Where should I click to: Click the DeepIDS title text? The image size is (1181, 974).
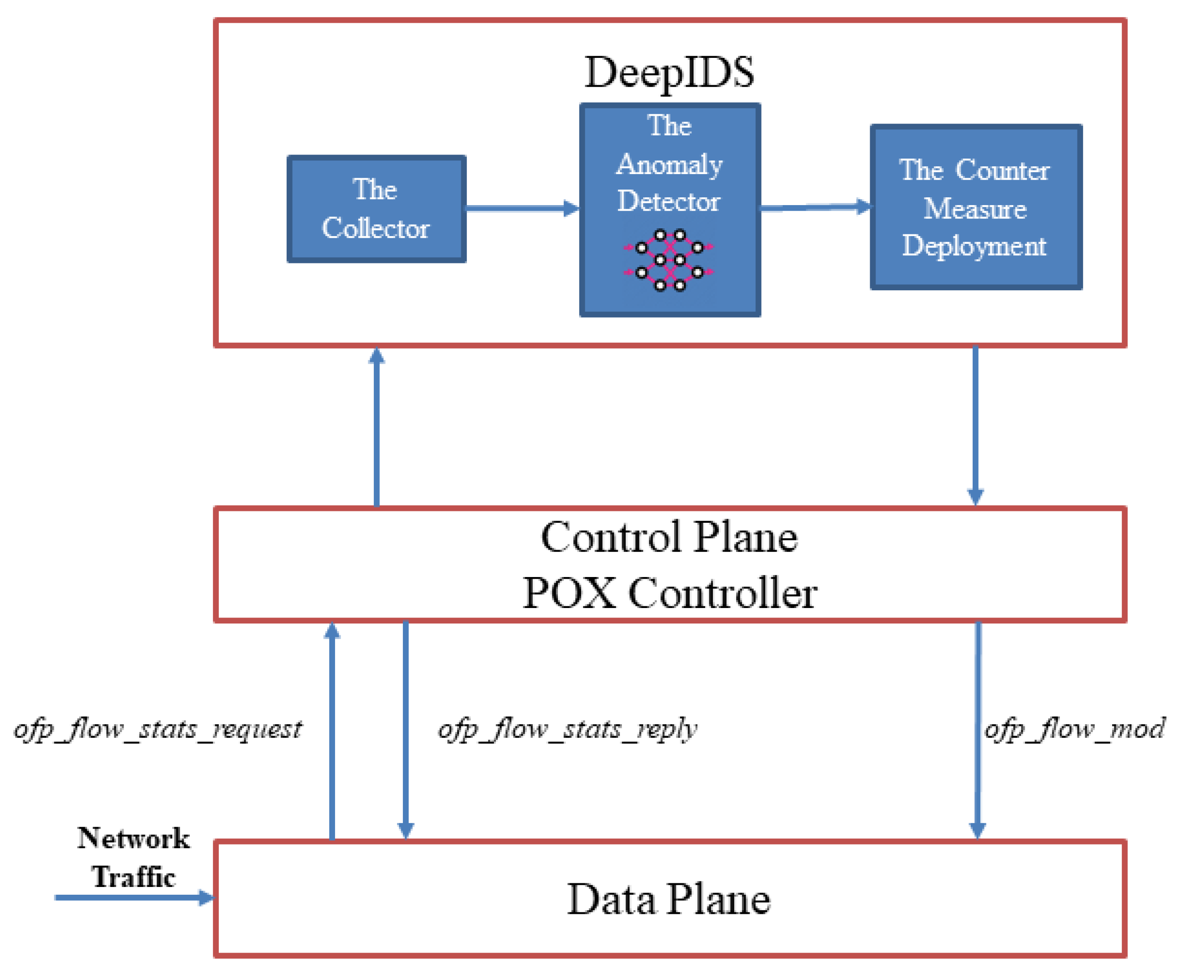coord(669,72)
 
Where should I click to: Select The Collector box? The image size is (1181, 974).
coord(376,209)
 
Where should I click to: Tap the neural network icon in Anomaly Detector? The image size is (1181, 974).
coord(669,260)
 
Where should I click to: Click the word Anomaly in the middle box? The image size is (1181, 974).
coord(669,165)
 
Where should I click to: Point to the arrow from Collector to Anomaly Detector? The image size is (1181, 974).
coord(522,209)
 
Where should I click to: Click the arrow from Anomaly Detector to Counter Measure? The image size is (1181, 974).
coord(815,207)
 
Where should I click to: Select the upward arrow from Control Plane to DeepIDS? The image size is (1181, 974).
coord(376,427)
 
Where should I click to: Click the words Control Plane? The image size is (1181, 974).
coord(669,537)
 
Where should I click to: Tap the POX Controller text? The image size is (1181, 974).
coord(669,593)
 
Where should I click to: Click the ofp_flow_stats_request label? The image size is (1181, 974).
coord(158,729)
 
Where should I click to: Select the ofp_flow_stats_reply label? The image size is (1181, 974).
coord(567,729)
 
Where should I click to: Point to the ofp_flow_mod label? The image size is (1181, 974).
coord(1074,729)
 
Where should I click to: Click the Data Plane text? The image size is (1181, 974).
coord(669,899)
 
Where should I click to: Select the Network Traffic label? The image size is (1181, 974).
coord(134,857)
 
